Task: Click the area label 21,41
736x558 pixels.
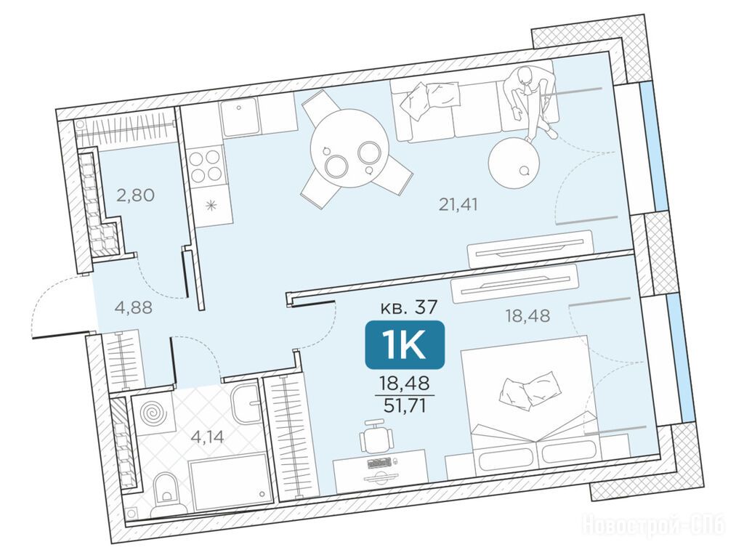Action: (458, 205)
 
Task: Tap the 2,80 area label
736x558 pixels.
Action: (135, 195)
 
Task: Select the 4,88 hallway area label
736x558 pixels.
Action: (133, 308)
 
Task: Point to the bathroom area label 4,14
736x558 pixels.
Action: (207, 437)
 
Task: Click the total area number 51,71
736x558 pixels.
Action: (405, 405)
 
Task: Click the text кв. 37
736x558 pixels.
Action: (408, 307)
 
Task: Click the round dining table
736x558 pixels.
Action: (349, 150)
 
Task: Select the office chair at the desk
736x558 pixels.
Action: (376, 437)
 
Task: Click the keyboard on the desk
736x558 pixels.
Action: (380, 464)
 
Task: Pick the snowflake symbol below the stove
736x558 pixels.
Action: (211, 205)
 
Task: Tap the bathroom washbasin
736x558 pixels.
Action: (247, 403)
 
